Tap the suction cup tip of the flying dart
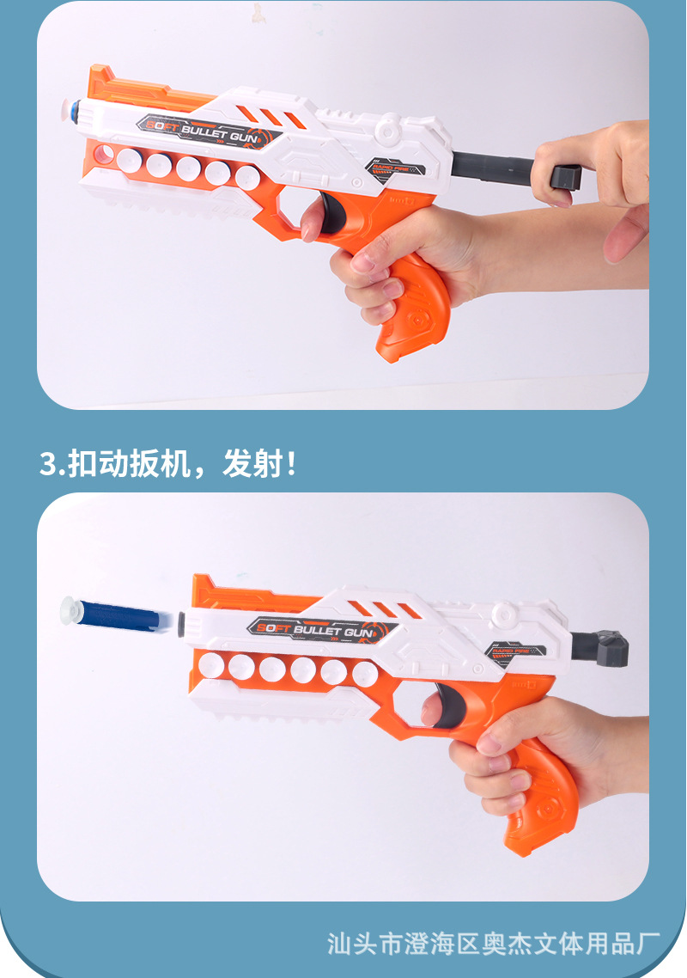[x=67, y=609]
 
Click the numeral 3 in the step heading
[x=48, y=463]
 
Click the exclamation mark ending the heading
[x=292, y=463]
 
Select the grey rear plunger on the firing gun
[x=602, y=646]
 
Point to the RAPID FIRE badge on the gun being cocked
[x=392, y=164]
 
